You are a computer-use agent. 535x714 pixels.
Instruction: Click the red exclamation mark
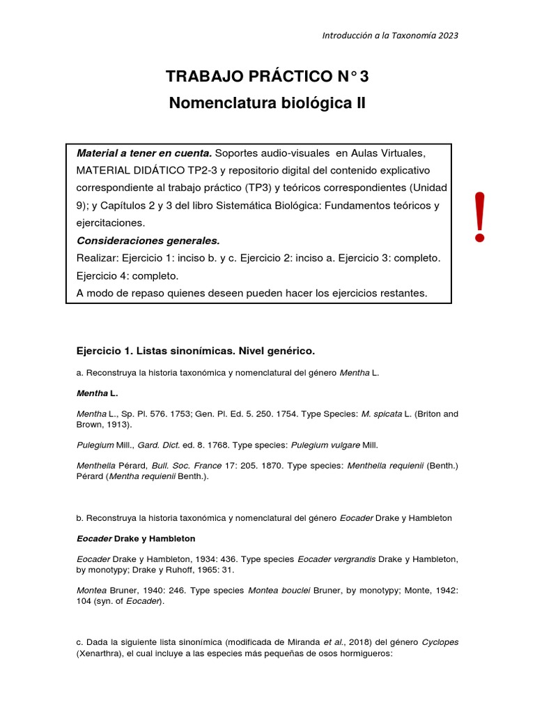pyautogui.click(x=479, y=217)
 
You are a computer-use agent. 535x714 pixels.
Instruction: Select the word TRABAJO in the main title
pyautogui.click(x=200, y=75)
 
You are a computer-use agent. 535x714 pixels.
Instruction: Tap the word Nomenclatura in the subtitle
pyautogui.click(x=212, y=103)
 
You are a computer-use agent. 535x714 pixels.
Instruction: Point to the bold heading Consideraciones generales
pyautogui.click(x=148, y=241)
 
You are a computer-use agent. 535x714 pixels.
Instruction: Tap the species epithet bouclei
pyautogui.click(x=311, y=591)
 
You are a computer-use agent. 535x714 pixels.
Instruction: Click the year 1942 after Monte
pyautogui.click(x=444, y=591)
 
